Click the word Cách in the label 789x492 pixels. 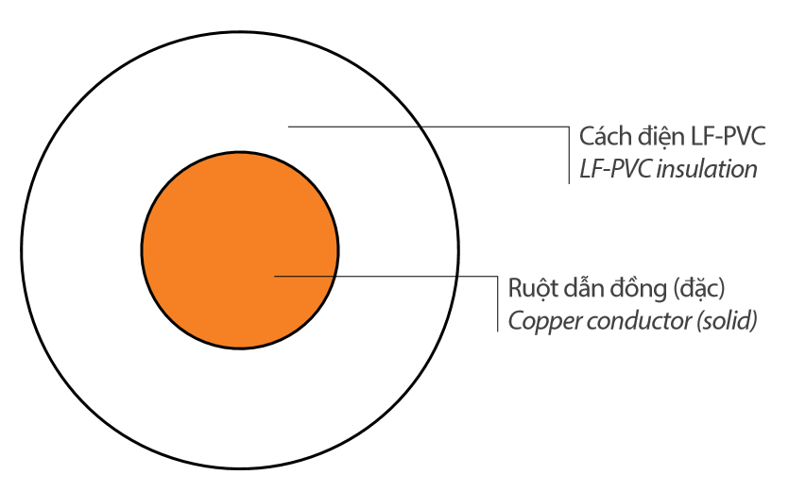(x=602, y=138)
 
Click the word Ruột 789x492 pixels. (x=530, y=287)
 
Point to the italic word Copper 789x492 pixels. (x=538, y=320)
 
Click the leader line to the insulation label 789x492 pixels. (x=425, y=126)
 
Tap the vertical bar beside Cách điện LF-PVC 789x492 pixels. (x=569, y=152)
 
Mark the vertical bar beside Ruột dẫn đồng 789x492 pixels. (x=497, y=302)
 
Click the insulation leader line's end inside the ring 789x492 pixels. (x=289, y=126)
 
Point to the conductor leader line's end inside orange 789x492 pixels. (x=275, y=277)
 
